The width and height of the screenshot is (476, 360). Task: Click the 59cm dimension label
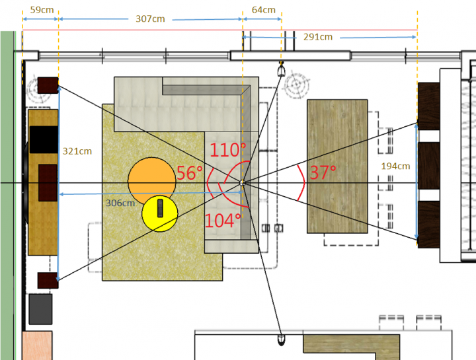42,10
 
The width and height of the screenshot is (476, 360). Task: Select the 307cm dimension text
150,18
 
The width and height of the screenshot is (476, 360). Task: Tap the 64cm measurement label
264,10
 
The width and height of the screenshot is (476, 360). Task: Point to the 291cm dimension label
318,37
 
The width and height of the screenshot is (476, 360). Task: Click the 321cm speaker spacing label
77,151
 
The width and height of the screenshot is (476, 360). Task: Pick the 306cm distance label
120,203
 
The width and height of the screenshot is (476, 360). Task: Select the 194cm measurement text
395,166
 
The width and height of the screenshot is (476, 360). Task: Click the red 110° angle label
227,150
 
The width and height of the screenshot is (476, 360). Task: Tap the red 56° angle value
190,173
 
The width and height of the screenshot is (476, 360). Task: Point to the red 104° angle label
223,221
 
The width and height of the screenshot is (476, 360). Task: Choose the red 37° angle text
323,172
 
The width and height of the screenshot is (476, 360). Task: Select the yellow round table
160,213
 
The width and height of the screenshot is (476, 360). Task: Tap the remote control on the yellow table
160,208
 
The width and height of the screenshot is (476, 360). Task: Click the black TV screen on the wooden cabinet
44,139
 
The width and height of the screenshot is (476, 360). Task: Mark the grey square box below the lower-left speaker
40,309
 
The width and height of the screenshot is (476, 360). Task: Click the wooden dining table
337,166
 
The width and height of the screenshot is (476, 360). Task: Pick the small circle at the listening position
242,183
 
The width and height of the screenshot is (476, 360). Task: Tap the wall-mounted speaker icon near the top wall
282,69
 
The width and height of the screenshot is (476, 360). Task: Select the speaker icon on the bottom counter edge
282,340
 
